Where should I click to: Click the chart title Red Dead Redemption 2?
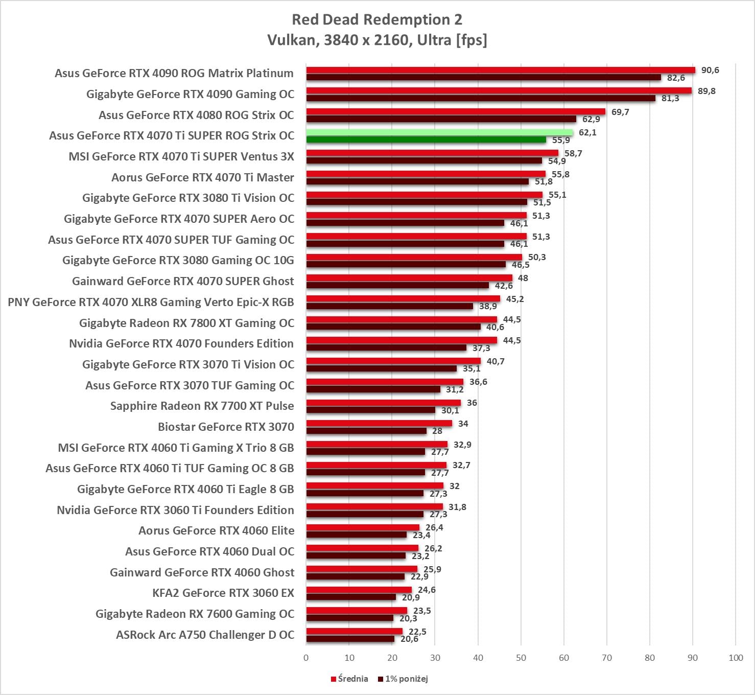tap(376, 19)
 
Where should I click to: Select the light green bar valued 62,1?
tap(439, 132)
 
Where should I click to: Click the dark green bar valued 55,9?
tap(426, 140)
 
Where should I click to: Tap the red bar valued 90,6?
tap(501, 70)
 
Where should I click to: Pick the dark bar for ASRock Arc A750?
tap(350, 639)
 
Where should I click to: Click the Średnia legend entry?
tap(349, 679)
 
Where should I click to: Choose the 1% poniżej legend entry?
tap(403, 679)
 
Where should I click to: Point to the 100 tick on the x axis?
tap(736, 658)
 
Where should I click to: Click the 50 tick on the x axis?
tap(521, 658)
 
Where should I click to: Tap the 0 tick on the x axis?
tap(306, 658)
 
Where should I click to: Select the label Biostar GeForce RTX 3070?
tap(226, 427)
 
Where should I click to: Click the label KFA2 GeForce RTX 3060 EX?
tap(223, 593)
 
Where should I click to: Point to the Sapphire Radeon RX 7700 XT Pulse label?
tap(202, 406)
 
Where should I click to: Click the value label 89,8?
tap(706, 91)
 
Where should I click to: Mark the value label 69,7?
tap(620, 112)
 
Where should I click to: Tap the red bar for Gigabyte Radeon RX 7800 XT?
tap(402, 319)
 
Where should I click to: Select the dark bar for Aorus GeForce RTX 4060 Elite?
tap(357, 535)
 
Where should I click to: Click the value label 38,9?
tap(488, 306)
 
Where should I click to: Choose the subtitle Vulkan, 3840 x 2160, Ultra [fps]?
tap(377, 40)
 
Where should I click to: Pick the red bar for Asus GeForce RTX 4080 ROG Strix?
tap(456, 111)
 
